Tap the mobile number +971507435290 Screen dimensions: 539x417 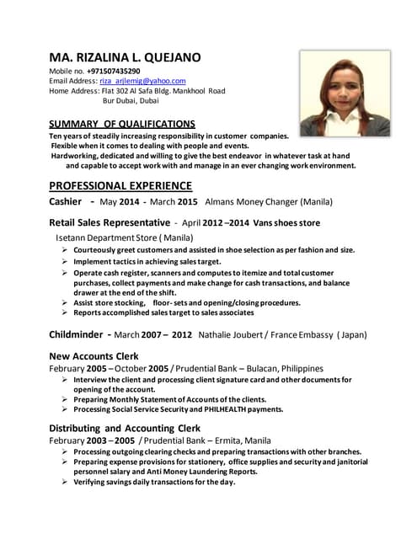click(109, 72)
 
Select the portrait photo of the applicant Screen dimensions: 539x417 click(345, 93)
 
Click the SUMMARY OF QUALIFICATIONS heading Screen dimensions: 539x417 click(122, 124)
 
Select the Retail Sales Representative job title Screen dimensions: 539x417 click(110, 223)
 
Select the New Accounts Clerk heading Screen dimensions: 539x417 click(94, 356)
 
